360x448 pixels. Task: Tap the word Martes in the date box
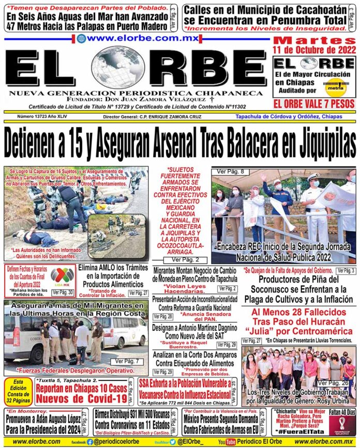tap(314, 41)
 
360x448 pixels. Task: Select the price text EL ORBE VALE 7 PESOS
tap(315, 104)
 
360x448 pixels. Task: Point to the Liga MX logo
tap(62, 275)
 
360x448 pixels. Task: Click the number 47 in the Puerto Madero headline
tap(13, 25)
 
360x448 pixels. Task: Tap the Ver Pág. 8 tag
tap(229, 172)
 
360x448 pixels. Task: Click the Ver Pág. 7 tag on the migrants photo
tap(127, 361)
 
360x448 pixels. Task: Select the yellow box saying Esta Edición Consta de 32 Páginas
tap(19, 391)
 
